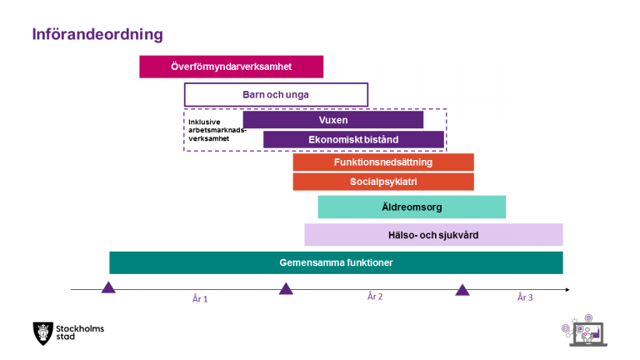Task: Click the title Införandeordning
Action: click(x=97, y=34)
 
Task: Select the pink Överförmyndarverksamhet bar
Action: click(x=232, y=67)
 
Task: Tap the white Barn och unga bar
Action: click(x=276, y=95)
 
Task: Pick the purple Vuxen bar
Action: click(x=333, y=120)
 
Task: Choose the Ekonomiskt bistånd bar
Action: click(x=353, y=140)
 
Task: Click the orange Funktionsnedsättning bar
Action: click(x=383, y=162)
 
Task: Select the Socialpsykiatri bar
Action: click(x=383, y=182)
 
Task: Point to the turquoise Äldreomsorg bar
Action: click(x=412, y=207)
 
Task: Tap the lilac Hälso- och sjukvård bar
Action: click(x=433, y=235)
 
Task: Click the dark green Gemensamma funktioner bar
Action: click(x=336, y=262)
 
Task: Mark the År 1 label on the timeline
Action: click(x=200, y=299)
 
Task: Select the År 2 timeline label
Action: click(x=375, y=297)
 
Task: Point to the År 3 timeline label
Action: click(x=525, y=297)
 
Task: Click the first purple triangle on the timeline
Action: click(x=108, y=288)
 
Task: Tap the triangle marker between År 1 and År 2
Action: click(x=286, y=289)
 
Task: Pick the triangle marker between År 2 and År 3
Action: click(x=462, y=291)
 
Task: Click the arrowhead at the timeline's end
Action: click(x=567, y=289)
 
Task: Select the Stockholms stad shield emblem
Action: click(x=42, y=333)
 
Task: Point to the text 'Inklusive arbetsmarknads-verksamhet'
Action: click(x=217, y=130)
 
